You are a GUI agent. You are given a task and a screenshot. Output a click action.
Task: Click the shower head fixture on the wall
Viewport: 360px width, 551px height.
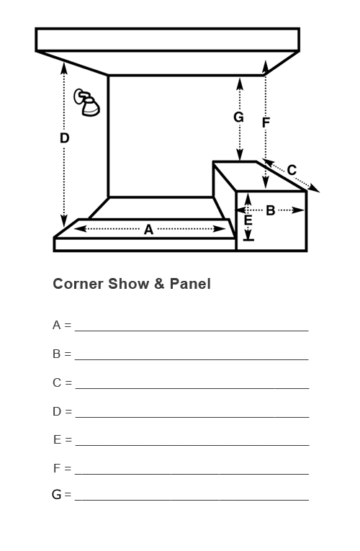(86, 102)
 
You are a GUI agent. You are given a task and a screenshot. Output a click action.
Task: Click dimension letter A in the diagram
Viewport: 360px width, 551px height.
(148, 230)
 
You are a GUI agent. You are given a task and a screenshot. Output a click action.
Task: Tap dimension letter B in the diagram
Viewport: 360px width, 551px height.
(270, 210)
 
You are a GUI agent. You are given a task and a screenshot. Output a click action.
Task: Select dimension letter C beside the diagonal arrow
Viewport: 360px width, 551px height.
(292, 170)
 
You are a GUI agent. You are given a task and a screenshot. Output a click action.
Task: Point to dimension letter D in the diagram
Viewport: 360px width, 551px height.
(64, 138)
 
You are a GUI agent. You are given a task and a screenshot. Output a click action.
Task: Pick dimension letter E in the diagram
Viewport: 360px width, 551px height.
(248, 220)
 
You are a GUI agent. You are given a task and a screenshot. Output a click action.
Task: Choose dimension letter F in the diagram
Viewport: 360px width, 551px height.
(266, 122)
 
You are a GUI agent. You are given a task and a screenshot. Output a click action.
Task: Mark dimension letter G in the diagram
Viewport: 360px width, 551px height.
(238, 117)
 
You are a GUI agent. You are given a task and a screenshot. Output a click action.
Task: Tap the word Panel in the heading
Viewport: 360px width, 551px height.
(190, 284)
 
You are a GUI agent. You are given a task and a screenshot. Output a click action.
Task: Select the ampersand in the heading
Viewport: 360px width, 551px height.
(159, 284)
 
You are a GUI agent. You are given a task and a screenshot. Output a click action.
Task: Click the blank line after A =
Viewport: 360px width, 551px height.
(192, 331)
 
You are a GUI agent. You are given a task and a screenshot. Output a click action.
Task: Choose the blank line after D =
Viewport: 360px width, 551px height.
(192, 417)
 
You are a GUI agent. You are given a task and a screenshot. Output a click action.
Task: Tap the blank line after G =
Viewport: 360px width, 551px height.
(192, 499)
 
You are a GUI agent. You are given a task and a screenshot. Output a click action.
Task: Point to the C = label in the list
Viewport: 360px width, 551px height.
(62, 382)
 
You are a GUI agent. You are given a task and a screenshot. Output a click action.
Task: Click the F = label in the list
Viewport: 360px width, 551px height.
(62, 468)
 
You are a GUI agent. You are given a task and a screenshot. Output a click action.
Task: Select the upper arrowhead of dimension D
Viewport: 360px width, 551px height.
(64, 68)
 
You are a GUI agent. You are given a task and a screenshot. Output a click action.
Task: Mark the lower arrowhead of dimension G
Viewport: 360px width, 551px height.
(240, 155)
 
